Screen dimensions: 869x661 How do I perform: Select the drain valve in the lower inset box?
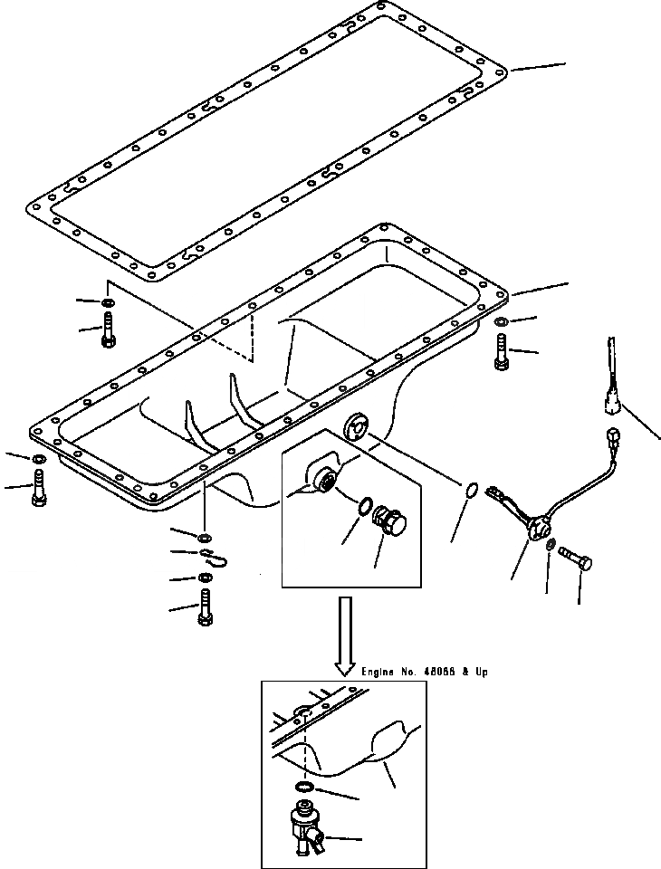303,828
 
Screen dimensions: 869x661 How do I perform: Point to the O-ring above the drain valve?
306,788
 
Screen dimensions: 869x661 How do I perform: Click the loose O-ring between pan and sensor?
472,492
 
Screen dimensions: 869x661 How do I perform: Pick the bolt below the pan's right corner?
502,351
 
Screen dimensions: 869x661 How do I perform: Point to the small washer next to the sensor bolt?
551,545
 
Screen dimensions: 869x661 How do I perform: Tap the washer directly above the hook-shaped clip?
205,537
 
